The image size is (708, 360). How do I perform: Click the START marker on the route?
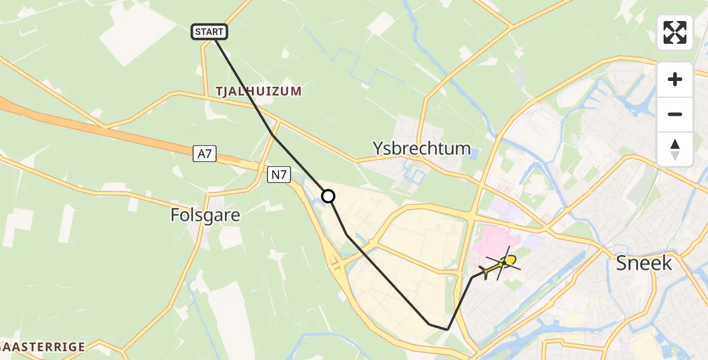point(209,32)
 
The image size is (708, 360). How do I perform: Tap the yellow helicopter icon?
point(501,265)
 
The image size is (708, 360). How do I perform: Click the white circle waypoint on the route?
point(328,196)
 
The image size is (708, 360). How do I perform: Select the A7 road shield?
point(205,154)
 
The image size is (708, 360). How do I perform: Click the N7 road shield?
point(280,175)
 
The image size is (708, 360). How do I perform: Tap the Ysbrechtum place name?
point(421,148)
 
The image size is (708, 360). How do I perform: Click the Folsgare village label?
point(205,215)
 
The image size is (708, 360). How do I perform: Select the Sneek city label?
point(644,263)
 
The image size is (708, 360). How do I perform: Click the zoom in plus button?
point(675,79)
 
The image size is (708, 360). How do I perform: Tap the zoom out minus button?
point(675,114)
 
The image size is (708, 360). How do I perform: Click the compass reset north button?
point(675,149)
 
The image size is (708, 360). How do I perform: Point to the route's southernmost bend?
point(447,329)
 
